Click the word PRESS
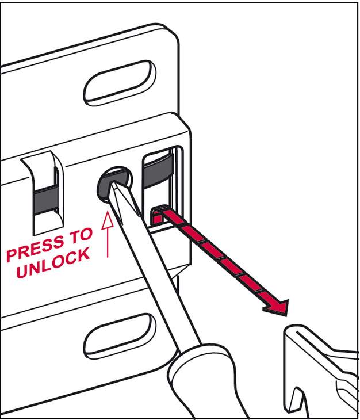35,247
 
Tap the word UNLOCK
53,264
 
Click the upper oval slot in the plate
120,82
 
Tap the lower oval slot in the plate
120,336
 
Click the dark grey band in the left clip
46,199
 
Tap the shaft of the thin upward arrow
108,243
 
